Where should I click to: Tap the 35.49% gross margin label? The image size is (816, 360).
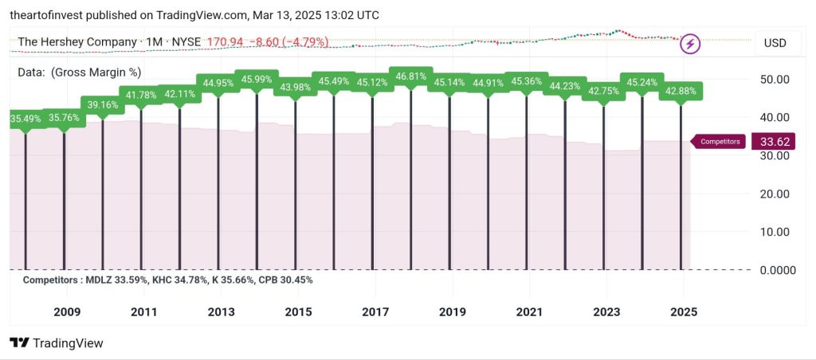pyautogui.click(x=25, y=119)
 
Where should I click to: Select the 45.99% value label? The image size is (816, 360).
pyautogui.click(x=257, y=79)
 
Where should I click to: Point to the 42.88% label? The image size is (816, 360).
pyautogui.click(x=681, y=91)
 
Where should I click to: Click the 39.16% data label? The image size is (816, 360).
pyautogui.click(x=103, y=104)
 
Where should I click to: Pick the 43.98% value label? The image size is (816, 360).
pyautogui.click(x=295, y=87)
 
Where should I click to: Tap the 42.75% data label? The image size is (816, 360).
pyautogui.click(x=603, y=92)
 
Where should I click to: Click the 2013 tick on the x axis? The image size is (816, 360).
pyautogui.click(x=221, y=311)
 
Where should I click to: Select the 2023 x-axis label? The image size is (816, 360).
pyautogui.click(x=606, y=311)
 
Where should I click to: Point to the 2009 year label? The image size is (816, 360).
pyautogui.click(x=66, y=311)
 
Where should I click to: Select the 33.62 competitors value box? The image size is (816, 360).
pyautogui.click(x=773, y=142)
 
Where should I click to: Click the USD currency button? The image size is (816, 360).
pyautogui.click(x=775, y=42)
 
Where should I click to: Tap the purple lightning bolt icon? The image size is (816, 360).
pyautogui.click(x=689, y=43)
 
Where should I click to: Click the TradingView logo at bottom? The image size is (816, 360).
pyautogui.click(x=57, y=342)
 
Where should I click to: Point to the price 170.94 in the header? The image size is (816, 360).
pyautogui.click(x=225, y=41)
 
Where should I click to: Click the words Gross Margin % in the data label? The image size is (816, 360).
pyautogui.click(x=96, y=72)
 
